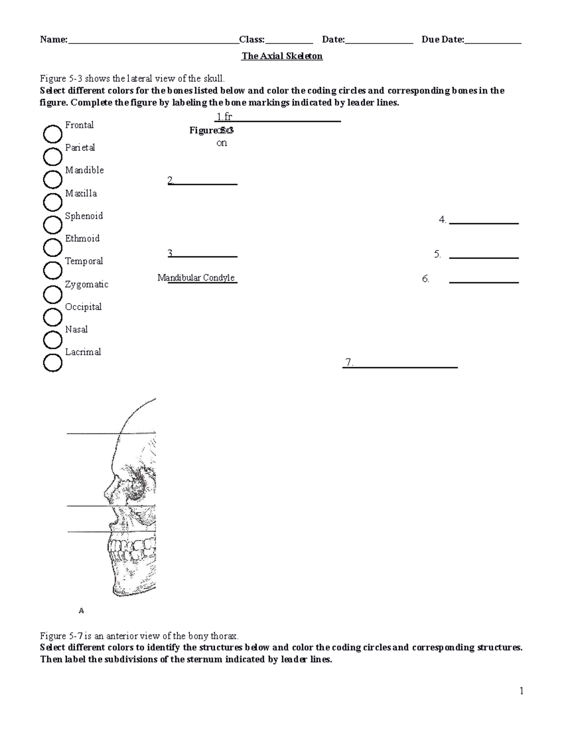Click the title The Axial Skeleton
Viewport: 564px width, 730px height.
point(282,56)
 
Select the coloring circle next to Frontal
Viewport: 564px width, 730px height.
point(53,134)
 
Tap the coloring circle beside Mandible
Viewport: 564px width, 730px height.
point(53,180)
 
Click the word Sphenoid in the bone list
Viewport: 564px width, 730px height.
point(84,216)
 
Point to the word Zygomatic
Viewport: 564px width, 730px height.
point(86,284)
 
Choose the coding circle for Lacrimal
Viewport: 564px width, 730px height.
point(53,363)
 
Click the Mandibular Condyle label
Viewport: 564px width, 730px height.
point(196,278)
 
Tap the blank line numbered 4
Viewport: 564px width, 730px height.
point(484,223)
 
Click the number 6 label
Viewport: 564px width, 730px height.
point(425,279)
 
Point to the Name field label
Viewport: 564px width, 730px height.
point(54,39)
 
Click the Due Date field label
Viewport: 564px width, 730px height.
point(442,39)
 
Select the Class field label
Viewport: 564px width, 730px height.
point(251,39)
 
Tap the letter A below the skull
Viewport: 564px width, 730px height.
point(81,611)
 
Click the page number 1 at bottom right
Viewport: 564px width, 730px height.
point(521,691)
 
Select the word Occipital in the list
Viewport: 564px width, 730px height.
point(83,307)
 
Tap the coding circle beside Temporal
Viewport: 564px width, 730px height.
point(53,270)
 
